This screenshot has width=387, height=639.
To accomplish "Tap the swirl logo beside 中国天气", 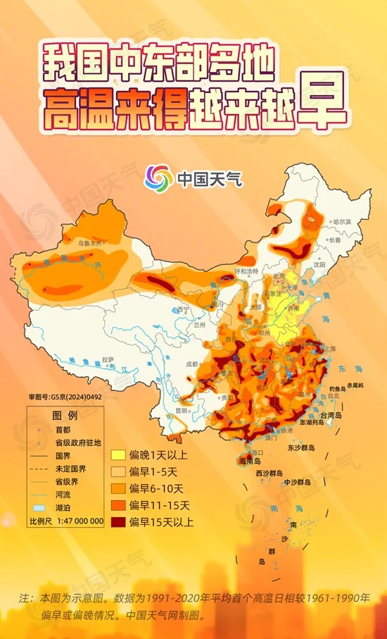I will point(158,178).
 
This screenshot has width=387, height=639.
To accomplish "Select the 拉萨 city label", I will point(108,359).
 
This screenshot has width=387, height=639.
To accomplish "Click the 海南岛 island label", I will point(251,461).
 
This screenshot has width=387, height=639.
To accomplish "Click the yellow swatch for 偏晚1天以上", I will point(118,454).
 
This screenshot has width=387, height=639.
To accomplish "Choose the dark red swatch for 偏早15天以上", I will point(118,522).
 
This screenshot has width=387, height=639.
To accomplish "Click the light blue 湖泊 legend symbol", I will point(40,507).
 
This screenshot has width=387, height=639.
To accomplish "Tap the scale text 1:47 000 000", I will point(76,522).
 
